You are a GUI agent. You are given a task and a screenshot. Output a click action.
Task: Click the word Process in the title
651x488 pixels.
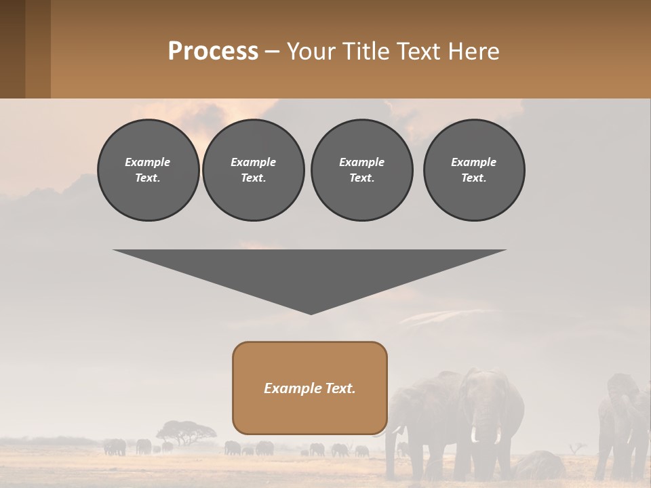coord(213,52)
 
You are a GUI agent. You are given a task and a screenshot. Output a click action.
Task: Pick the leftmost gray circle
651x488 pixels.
coord(148,170)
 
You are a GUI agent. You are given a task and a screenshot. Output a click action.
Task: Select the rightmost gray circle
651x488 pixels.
coord(473,170)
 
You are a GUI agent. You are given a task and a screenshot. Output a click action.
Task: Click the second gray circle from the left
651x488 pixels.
coord(253,170)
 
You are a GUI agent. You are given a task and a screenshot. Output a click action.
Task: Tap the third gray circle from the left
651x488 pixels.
coord(361,170)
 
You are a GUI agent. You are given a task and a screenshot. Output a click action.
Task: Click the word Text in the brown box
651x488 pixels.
coord(340,388)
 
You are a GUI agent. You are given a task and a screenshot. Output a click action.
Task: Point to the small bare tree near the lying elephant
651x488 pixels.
coord(577,448)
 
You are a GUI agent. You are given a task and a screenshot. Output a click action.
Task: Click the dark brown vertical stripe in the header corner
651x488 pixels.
coord(12,49)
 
